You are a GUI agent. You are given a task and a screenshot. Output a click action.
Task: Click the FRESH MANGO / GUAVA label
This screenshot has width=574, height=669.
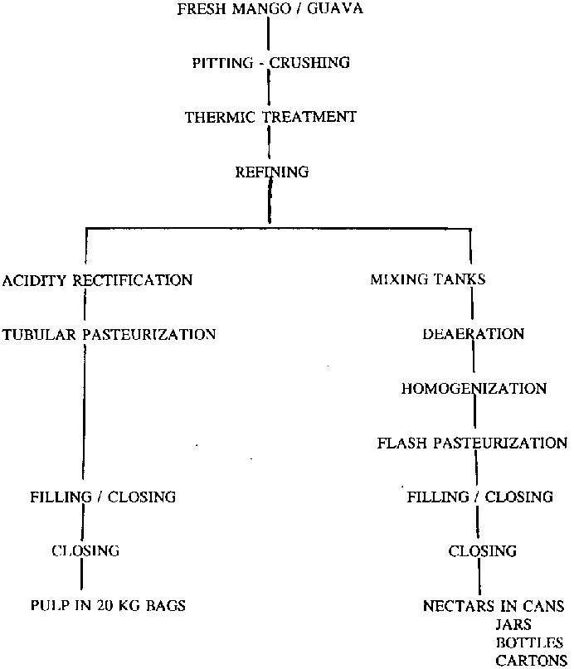click(x=270, y=9)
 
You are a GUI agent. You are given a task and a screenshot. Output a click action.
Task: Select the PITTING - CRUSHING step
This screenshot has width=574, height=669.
click(x=270, y=63)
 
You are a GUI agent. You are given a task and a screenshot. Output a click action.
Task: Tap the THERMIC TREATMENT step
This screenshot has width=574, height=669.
click(x=270, y=117)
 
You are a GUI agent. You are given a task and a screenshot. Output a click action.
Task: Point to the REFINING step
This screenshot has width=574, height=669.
click(x=272, y=172)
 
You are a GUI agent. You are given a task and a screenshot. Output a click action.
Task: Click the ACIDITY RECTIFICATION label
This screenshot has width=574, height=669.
click(x=97, y=280)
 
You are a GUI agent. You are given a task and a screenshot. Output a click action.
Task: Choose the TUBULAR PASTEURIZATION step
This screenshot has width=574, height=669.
click(x=109, y=335)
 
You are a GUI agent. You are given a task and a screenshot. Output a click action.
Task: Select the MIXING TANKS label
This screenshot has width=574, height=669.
click(x=427, y=280)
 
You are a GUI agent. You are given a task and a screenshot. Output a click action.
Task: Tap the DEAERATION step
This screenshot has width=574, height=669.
click(x=473, y=334)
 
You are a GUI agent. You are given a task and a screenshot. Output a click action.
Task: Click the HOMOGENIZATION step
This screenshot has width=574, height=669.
click(x=474, y=389)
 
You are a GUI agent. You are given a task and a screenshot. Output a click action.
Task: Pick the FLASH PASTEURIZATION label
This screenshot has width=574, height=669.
click(x=472, y=444)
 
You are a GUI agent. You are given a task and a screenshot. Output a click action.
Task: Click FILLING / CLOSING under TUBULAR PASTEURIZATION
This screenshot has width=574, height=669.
click(x=103, y=497)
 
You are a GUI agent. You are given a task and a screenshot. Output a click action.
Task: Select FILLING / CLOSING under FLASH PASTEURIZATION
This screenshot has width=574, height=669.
click(x=479, y=497)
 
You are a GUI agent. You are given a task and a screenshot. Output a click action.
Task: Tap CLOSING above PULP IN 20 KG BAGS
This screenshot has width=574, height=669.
click(x=85, y=550)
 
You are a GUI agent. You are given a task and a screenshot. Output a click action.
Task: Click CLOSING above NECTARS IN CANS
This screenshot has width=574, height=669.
click(x=482, y=551)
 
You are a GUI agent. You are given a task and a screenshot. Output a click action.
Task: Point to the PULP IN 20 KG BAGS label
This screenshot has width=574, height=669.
click(x=107, y=606)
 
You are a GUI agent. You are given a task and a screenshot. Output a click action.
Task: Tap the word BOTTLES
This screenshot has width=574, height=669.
click(x=528, y=642)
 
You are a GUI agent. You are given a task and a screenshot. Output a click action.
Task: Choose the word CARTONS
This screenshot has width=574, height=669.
click(x=529, y=661)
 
